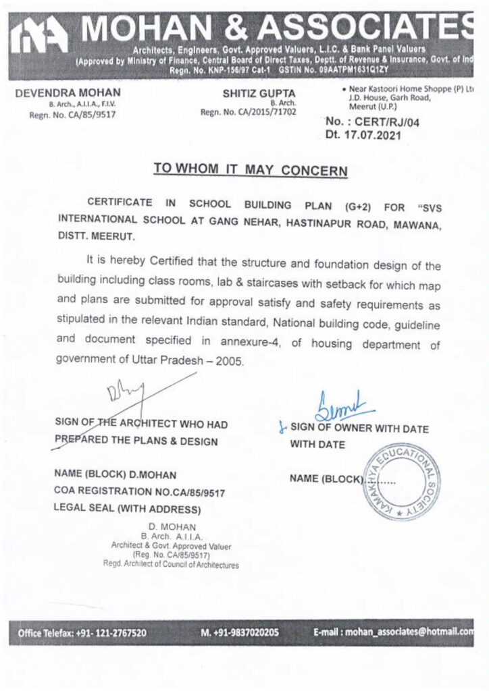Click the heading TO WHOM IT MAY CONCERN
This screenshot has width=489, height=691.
coord(250,169)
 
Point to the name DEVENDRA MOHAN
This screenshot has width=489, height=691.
coord(68,92)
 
